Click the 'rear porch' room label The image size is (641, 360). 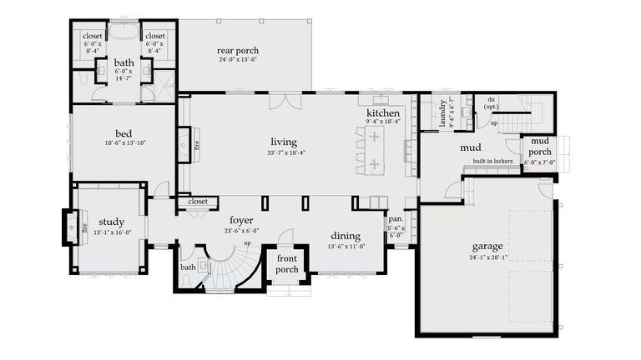click(238, 51)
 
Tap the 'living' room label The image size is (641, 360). click(283, 142)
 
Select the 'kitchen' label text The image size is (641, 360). click(382, 113)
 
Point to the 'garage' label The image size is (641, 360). click(487, 247)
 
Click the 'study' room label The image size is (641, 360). click(110, 222)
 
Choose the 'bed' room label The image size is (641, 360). click(124, 133)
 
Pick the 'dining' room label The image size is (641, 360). click(345, 236)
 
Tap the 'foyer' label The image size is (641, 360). click(241, 221)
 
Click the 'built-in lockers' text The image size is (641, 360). click(492, 161)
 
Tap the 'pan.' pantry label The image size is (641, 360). click(396, 219)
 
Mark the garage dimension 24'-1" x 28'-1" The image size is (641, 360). click(487, 257)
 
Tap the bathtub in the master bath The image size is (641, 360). click(124, 32)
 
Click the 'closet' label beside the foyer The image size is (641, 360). click(198, 202)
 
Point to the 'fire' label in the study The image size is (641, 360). click(85, 226)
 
